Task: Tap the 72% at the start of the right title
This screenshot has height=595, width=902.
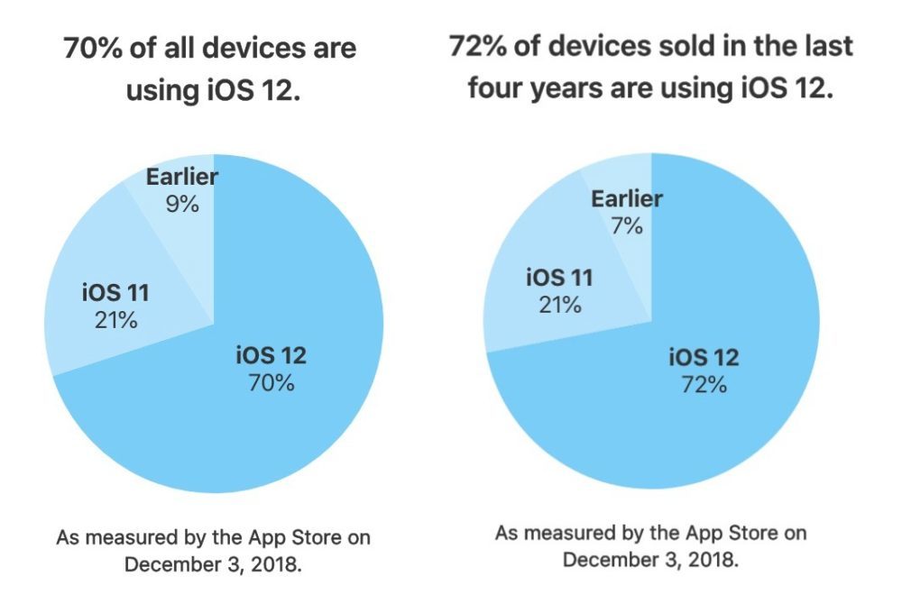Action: (477, 46)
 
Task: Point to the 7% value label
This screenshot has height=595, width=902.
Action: (627, 225)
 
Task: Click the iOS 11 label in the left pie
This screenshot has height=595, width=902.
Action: (115, 293)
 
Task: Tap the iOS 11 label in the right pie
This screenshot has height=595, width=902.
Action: (559, 278)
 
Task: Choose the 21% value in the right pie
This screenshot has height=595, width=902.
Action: (559, 304)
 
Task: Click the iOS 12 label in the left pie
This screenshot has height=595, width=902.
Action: (271, 355)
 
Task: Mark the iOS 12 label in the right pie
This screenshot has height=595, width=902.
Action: (704, 358)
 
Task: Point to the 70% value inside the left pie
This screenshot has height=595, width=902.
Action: (271, 382)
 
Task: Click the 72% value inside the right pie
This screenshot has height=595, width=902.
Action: (704, 385)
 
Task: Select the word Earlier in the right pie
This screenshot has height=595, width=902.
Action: (627, 198)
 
